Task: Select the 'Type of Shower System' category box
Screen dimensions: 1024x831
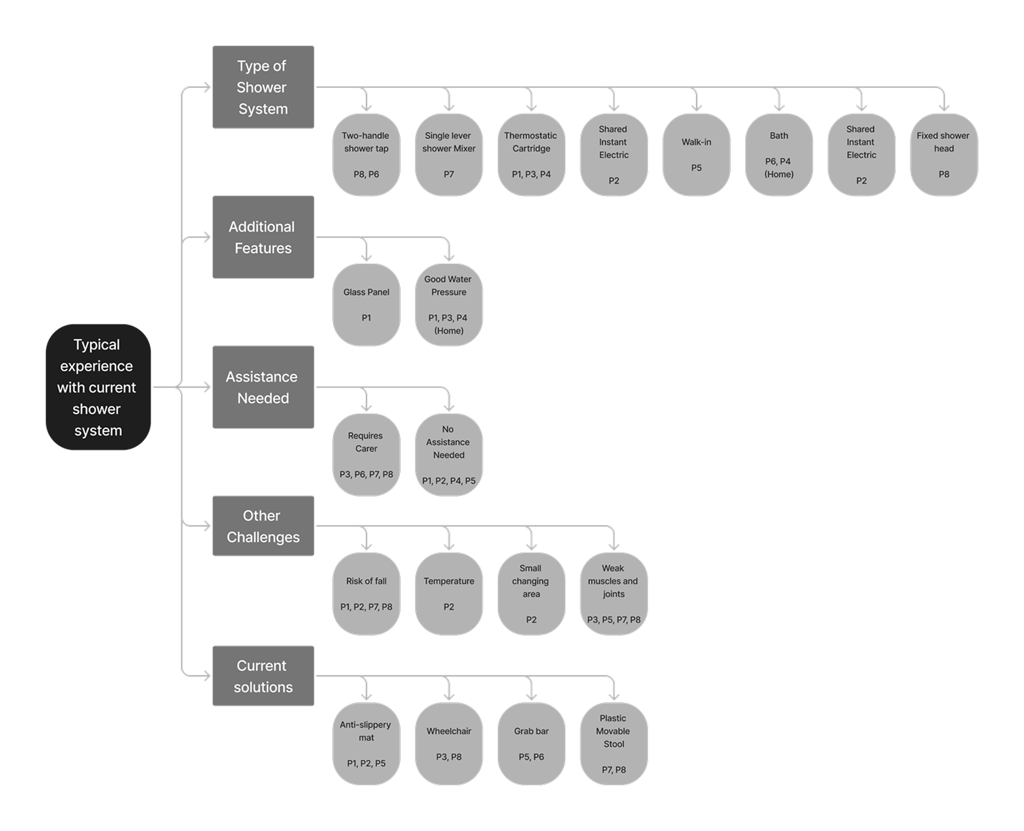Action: (x=263, y=87)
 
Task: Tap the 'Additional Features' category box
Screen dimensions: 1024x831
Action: (x=263, y=237)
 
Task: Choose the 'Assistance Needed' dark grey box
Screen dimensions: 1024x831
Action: (x=263, y=387)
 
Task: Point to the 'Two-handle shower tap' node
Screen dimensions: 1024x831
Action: (x=366, y=155)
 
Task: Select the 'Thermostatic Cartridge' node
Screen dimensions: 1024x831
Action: (x=531, y=155)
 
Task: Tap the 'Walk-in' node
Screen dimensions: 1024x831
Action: (x=697, y=155)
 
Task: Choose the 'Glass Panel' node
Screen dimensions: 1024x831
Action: (x=366, y=305)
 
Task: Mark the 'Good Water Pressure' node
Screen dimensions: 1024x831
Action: (x=449, y=305)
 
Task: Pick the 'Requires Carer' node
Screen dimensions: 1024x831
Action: (x=366, y=455)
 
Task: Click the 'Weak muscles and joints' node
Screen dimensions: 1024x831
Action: (x=614, y=594)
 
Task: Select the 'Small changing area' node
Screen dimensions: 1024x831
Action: (x=531, y=594)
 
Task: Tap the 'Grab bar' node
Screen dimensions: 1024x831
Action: (x=531, y=743)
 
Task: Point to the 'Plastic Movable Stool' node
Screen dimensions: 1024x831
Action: (x=614, y=743)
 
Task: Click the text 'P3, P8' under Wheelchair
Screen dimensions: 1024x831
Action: (x=449, y=757)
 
